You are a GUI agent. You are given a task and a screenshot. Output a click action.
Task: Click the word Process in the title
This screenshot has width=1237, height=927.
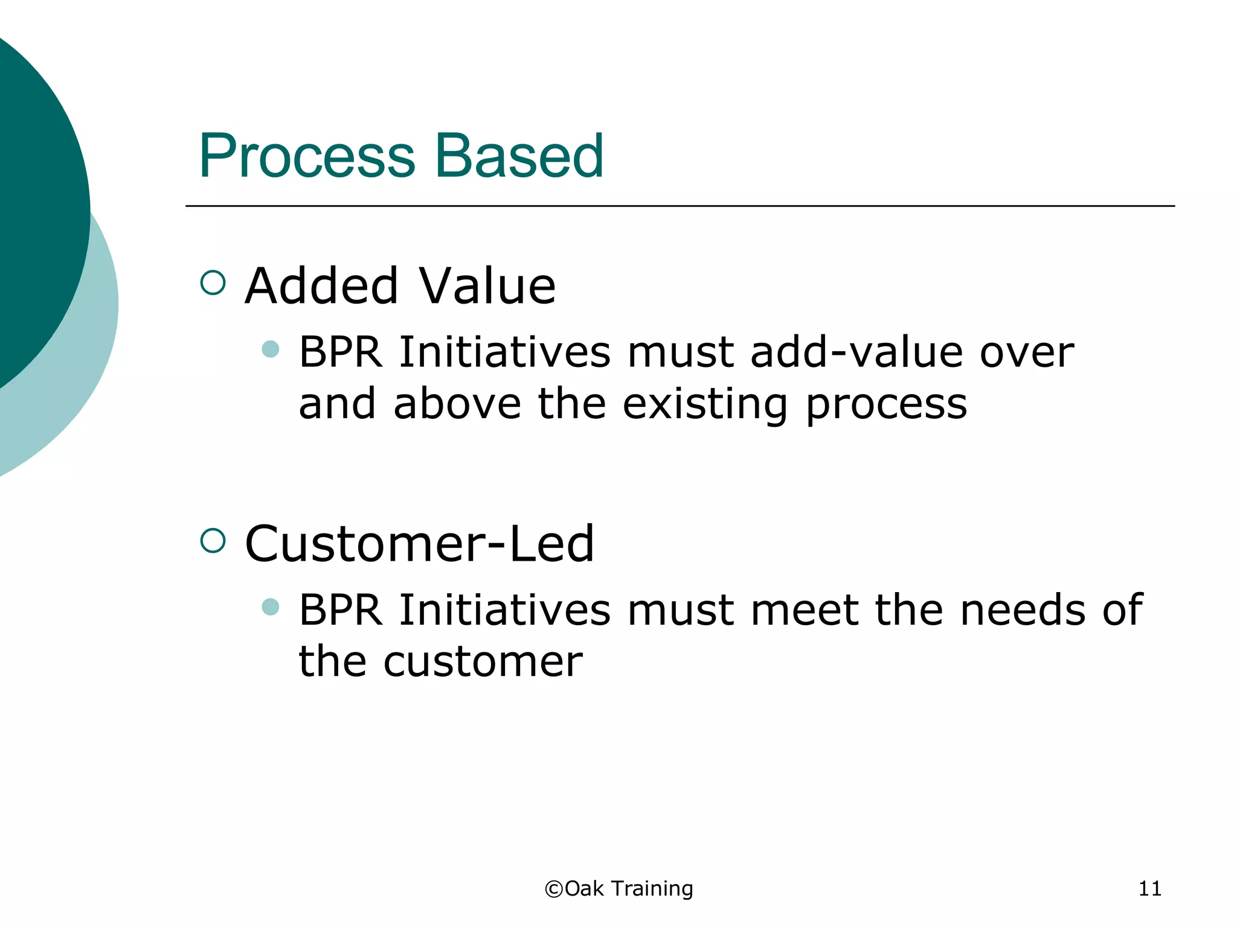pos(307,156)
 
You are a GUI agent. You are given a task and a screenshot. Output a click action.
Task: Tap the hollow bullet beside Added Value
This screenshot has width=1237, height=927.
pos(213,282)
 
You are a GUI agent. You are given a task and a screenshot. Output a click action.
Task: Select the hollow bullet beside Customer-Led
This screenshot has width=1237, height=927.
pos(213,540)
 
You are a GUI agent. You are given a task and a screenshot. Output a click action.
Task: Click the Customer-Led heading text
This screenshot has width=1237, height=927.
pos(419,543)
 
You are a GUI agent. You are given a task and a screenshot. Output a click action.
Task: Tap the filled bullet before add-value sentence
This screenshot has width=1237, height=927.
pos(271,349)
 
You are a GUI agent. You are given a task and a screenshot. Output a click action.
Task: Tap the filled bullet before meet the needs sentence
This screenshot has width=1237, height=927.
pos(271,607)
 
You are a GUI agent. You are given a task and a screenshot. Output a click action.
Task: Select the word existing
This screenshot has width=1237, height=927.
pos(705,404)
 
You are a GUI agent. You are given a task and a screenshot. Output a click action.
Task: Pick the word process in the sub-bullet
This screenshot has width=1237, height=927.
pos(886,404)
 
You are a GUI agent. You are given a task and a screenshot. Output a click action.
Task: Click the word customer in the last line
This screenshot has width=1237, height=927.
pos(483,662)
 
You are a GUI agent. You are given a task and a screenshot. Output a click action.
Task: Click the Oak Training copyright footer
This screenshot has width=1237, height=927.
pos(619,888)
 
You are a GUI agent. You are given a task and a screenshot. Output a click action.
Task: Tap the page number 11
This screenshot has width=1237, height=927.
pos(1149,888)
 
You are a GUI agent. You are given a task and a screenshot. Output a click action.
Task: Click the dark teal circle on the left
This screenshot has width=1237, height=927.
pos(36,211)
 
